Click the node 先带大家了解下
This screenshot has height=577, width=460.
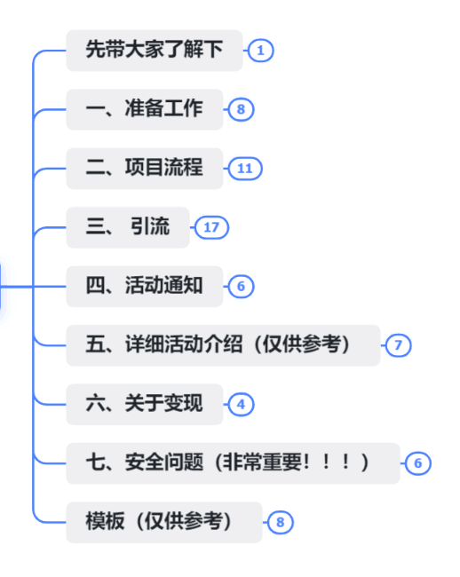tap(155, 51)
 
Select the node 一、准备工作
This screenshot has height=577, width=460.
tap(145, 109)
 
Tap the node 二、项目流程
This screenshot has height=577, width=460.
tap(145, 169)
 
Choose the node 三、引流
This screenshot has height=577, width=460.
tap(128, 227)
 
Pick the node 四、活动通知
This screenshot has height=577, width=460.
tap(145, 287)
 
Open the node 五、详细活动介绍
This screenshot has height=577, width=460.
tap(223, 345)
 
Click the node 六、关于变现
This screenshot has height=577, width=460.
tap(145, 404)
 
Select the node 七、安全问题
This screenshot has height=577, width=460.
tap(233, 463)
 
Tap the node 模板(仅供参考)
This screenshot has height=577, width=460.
tap(164, 522)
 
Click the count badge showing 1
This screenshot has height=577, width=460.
tap(260, 51)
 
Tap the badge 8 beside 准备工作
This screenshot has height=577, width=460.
tap(241, 109)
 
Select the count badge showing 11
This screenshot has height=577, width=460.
tap(245, 169)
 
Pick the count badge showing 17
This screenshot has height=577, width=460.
tap(211, 227)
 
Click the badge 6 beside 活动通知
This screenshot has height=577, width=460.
tap(241, 287)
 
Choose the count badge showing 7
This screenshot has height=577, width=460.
tap(398, 345)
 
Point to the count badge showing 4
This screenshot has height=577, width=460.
tap(241, 405)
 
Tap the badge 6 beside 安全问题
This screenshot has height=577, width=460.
tap(417, 463)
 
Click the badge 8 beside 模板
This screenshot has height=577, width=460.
tap(281, 522)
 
